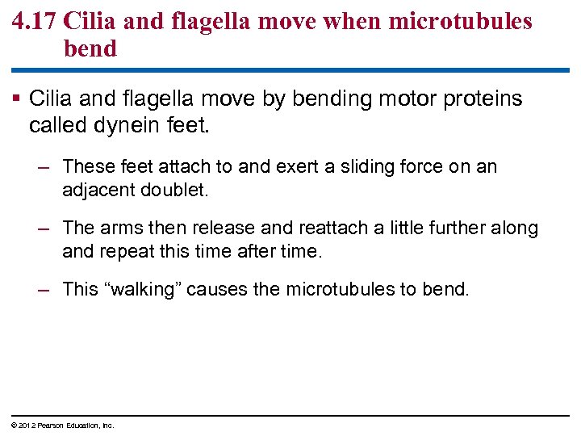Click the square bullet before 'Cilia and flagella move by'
[x=18, y=99]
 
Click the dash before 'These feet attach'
[x=45, y=167]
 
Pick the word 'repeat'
[x=127, y=251]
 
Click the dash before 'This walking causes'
[x=45, y=290]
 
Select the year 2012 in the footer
[x=23, y=426]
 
